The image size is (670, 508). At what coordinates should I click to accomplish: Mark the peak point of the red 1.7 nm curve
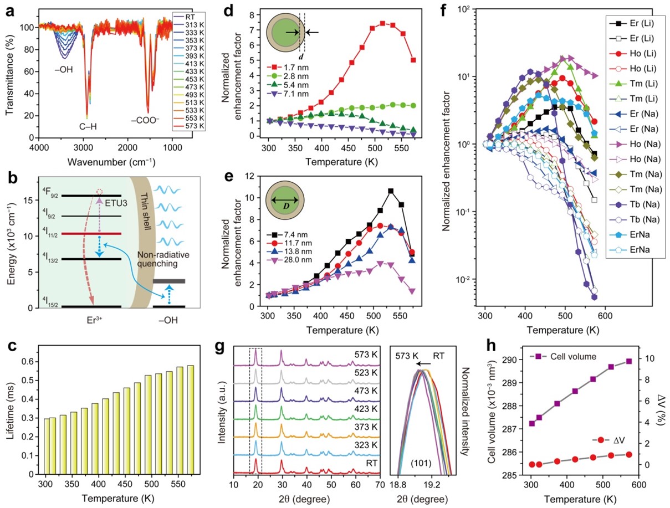click(382, 23)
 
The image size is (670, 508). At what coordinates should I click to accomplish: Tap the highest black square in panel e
click(391, 191)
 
